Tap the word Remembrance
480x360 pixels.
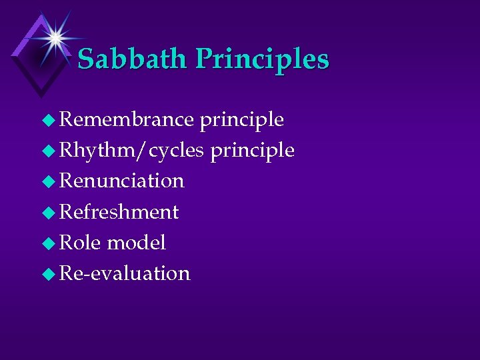[x=127, y=119]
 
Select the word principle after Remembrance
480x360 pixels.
[x=242, y=121]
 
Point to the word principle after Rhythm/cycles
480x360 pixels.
[x=253, y=151]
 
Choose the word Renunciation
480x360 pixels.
[x=122, y=181]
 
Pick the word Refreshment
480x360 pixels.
[x=119, y=212]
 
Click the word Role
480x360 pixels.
[x=80, y=243]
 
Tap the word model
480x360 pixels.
[x=136, y=243]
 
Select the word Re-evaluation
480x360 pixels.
[x=125, y=273]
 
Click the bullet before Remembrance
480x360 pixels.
[x=50, y=121]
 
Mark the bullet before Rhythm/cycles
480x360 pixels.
[x=50, y=151]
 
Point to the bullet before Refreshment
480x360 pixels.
[x=50, y=213]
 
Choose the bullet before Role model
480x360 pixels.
[x=50, y=243]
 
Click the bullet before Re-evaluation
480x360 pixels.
[x=50, y=274]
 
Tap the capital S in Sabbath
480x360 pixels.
[x=87, y=59]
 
